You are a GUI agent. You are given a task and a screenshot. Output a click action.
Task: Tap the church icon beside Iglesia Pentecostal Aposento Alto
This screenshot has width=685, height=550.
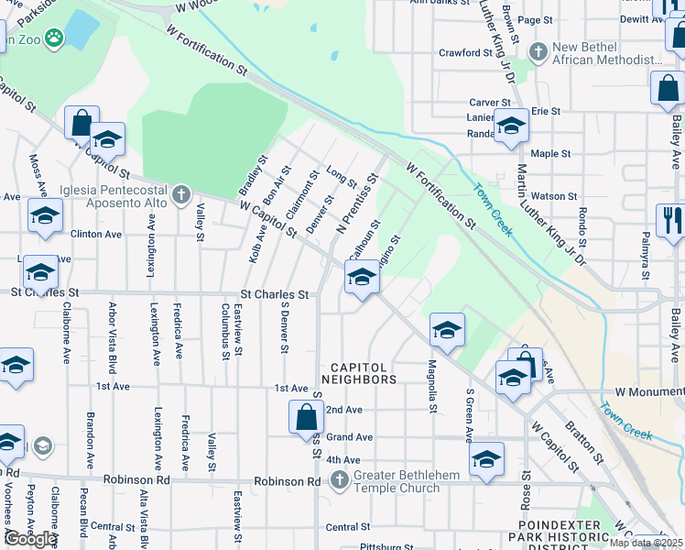(181, 194)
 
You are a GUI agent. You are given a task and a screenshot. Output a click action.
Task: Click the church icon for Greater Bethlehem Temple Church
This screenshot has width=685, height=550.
(339, 479)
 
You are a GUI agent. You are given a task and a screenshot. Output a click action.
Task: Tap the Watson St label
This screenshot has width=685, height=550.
(554, 195)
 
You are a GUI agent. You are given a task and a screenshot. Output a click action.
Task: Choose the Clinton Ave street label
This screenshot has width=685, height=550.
(96, 234)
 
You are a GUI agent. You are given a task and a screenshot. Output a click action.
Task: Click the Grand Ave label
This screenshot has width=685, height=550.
(349, 437)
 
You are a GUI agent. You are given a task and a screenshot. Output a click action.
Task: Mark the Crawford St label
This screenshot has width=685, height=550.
(465, 53)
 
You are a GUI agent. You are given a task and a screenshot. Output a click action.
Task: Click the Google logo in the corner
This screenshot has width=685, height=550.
(30, 538)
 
